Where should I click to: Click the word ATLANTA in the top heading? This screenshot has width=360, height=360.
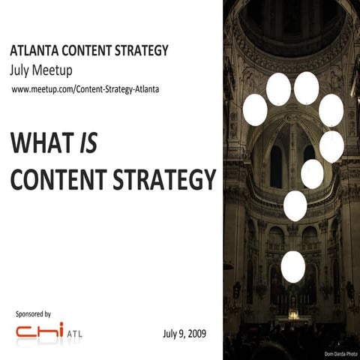coord(34,52)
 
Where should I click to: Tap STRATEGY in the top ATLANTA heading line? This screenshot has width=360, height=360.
coord(142,52)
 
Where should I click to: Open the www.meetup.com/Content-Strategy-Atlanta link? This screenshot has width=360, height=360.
coord(85,90)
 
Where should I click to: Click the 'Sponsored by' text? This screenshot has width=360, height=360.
coord(33,313)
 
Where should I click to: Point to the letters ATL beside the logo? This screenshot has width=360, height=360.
coord(75,334)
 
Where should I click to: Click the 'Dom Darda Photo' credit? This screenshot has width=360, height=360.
coord(341,353)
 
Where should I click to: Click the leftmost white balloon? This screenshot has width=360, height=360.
coord(255,109)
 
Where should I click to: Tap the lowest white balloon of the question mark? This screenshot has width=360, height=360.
coord(292,266)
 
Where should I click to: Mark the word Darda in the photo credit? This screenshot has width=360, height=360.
coord(340,353)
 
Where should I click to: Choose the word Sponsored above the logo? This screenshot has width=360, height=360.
coord(28,313)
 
